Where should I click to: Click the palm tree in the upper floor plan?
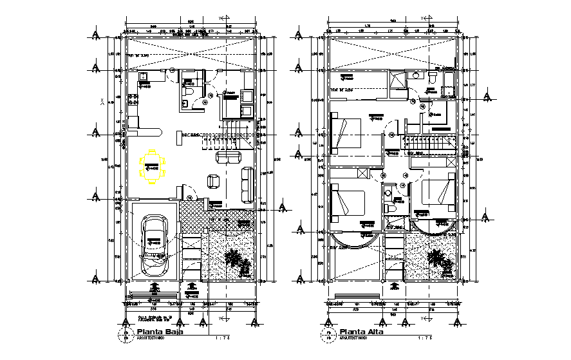tap(439, 260)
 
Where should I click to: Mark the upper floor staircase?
tap(428, 143)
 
